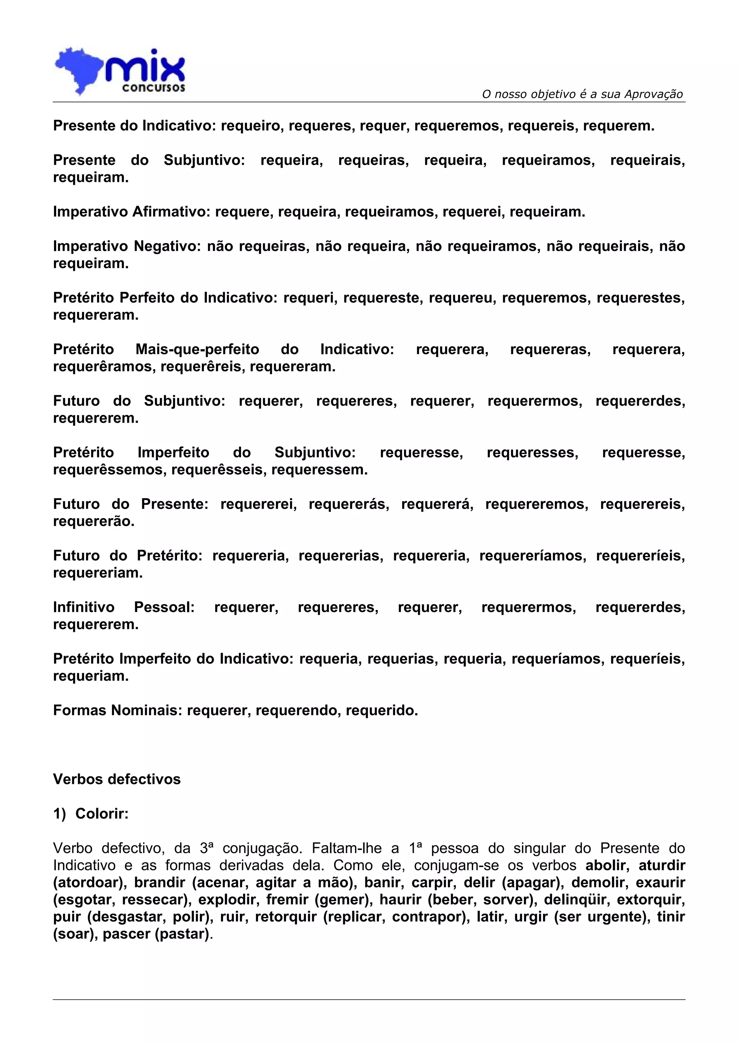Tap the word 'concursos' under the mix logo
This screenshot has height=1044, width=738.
[153, 88]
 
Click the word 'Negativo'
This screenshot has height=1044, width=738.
[167, 246]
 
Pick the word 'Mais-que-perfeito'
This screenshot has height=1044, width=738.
[197, 349]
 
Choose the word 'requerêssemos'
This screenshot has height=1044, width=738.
[110, 470]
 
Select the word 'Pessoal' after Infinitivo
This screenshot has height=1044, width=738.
[164, 607]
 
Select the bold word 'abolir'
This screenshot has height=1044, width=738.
[608, 865]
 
